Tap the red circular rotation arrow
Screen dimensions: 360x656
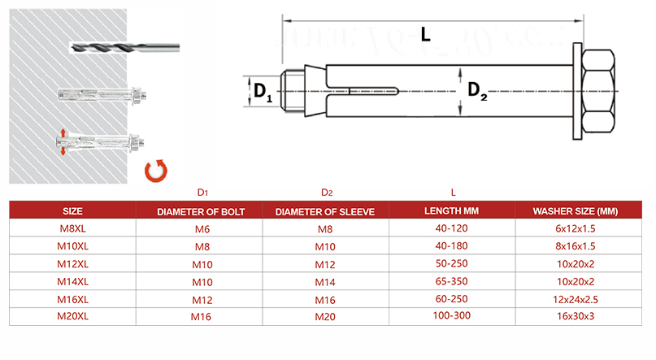(154, 171)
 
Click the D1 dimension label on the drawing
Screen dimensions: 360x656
(262, 91)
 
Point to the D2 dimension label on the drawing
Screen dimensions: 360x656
(476, 91)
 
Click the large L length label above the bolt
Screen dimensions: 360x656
(426, 34)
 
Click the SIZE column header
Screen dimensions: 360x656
(72, 211)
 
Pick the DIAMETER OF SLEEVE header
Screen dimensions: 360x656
(325, 211)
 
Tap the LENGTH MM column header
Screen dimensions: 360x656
(452, 211)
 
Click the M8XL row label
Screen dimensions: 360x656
(72, 229)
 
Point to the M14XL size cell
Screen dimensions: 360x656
(72, 282)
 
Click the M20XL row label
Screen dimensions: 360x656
(72, 317)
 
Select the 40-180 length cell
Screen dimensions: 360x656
(452, 246)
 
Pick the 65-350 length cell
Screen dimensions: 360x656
(452, 282)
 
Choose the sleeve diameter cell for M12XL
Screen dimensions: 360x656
(325, 264)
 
